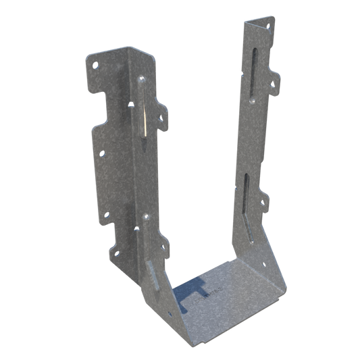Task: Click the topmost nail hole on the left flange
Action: (95, 66)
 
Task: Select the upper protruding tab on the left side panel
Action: (160, 114)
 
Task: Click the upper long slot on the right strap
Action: (252, 68)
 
